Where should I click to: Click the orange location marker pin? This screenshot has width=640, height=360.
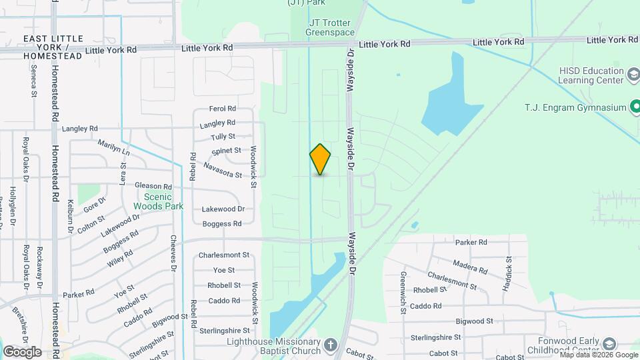coord(320,159)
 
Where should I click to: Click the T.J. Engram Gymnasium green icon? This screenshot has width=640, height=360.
coord(635,107)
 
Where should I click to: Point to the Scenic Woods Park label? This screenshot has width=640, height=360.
coord(153,201)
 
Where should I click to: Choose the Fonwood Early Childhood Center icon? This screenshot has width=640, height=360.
coord(608,344)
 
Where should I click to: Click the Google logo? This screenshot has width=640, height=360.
coord(23,351)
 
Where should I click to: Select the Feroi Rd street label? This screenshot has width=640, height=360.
coord(223,109)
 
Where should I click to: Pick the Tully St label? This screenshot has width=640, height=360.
coord(223,137)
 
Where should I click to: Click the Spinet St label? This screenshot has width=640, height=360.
coord(225,151)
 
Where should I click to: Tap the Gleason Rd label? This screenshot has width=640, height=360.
coord(153,187)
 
